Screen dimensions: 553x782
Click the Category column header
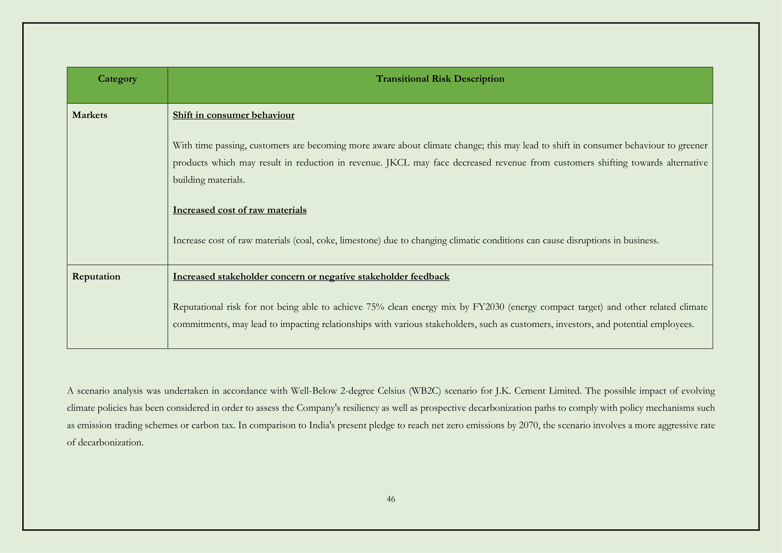point(117,79)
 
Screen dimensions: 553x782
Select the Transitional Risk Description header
point(440,79)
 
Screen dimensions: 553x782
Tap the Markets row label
point(90,115)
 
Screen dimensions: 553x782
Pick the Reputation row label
point(96,276)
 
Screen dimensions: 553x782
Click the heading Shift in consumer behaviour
point(233,115)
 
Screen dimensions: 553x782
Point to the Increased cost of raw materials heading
point(239,210)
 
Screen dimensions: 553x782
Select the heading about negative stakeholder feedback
point(311,276)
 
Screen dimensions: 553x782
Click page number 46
point(390,499)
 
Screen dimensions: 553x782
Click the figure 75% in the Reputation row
point(375,307)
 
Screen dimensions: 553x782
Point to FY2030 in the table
point(488,307)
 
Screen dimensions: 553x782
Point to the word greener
point(693,146)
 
